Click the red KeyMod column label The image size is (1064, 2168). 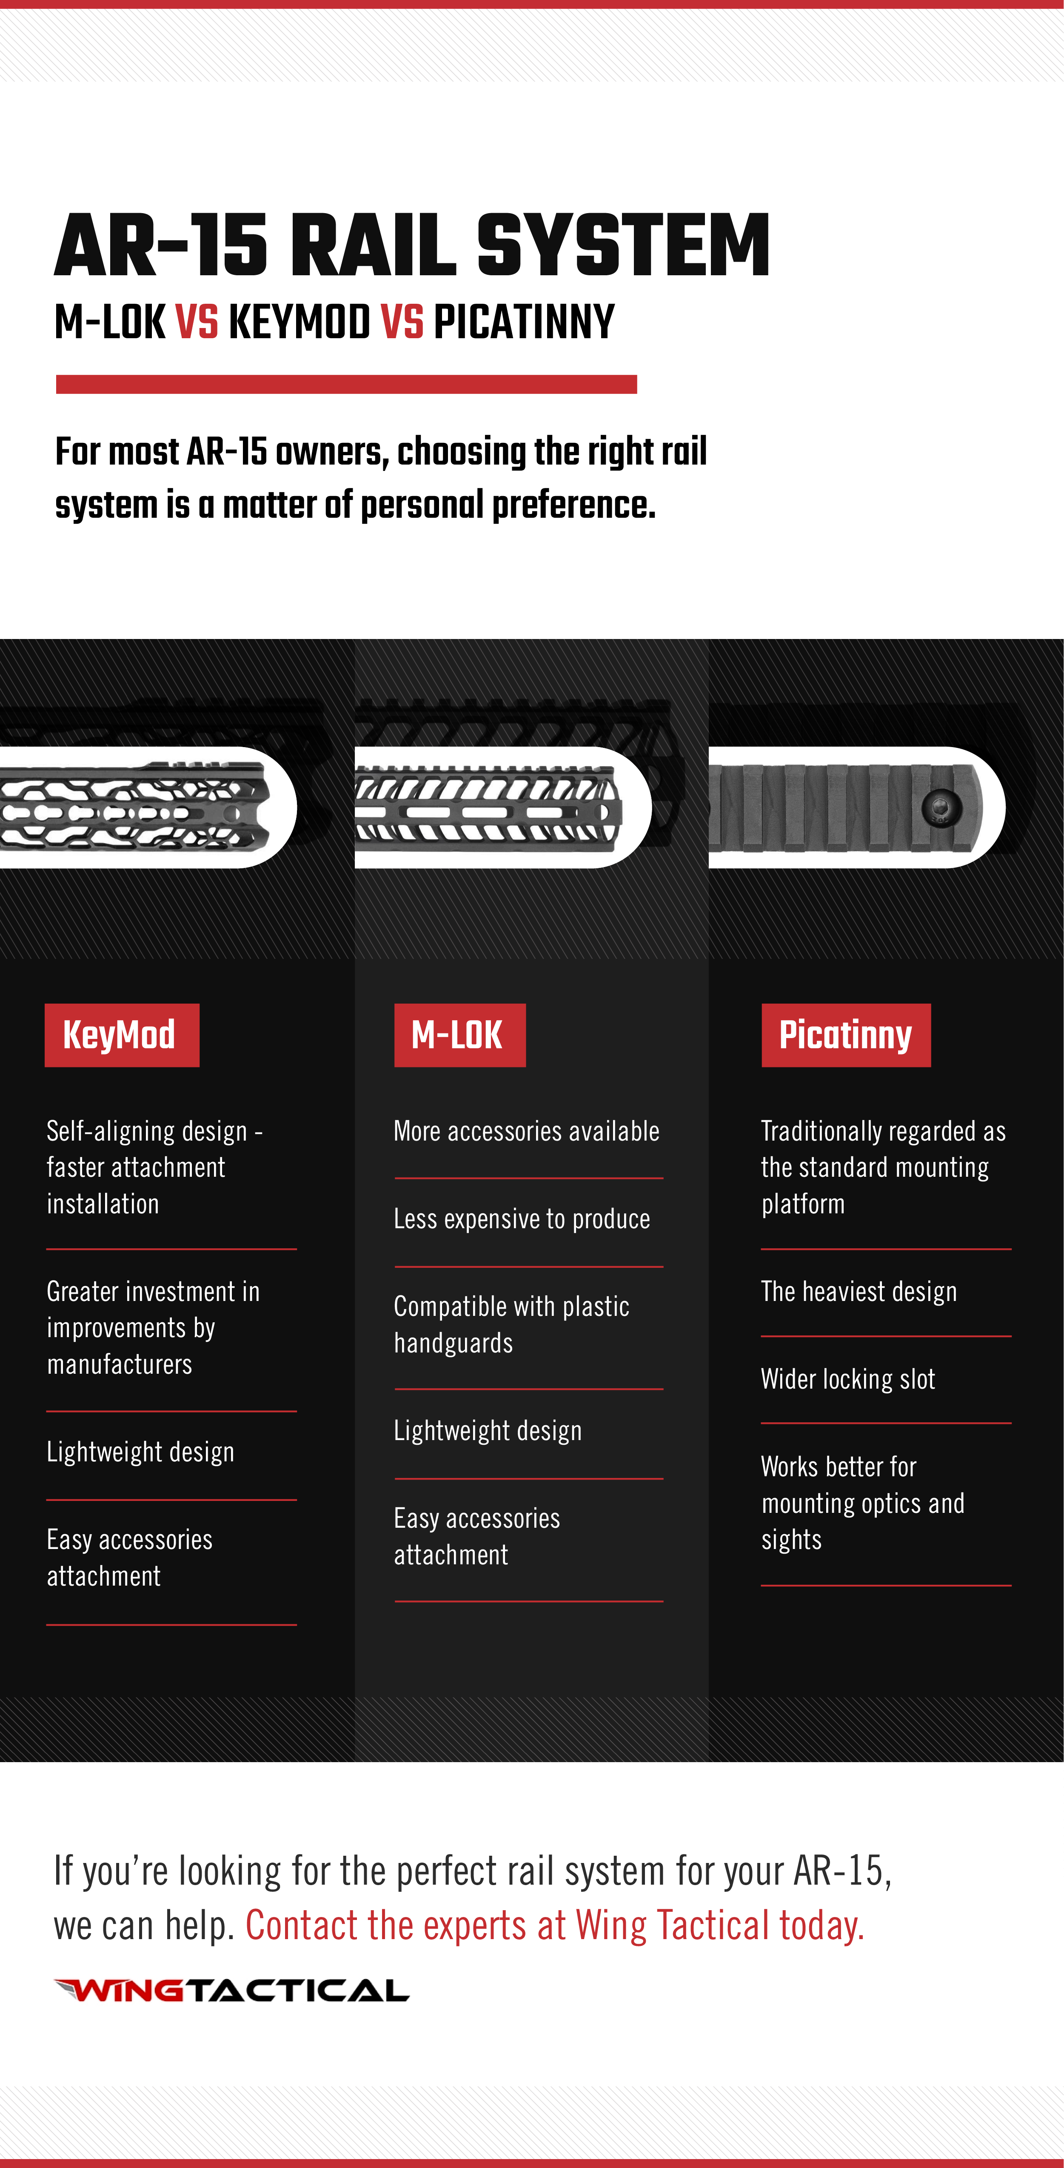[x=122, y=1035]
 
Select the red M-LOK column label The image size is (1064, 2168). [x=459, y=1035]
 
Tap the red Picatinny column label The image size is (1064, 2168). [x=846, y=1035]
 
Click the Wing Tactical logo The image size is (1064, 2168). [x=231, y=1991]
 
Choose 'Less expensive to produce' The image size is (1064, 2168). [x=522, y=1219]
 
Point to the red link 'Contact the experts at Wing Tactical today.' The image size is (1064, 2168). [x=555, y=1926]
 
